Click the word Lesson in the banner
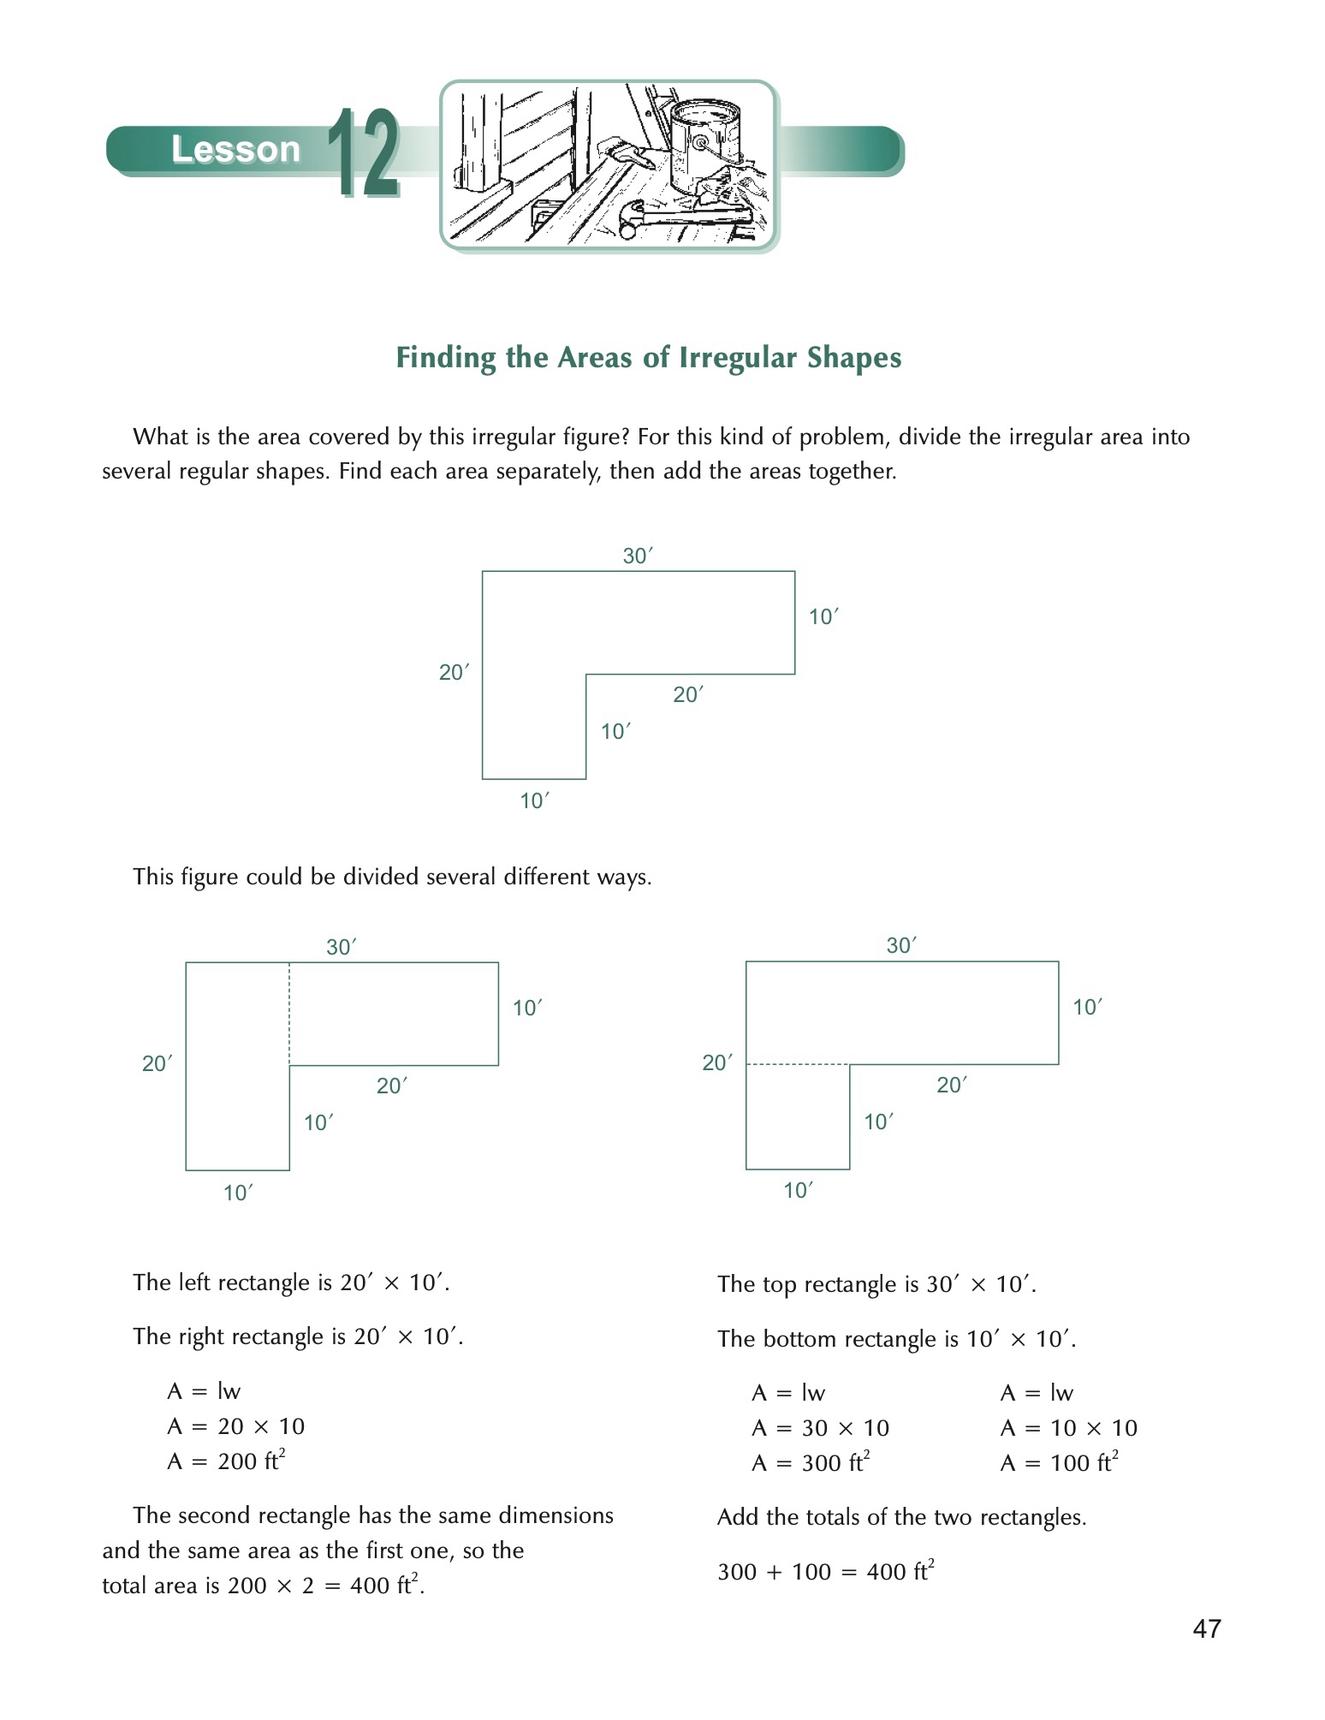235,150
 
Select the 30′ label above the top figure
637,556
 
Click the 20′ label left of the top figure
454,672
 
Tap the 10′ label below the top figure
534,800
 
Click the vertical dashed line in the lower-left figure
289,1015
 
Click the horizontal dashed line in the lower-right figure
798,1064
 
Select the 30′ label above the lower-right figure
900,945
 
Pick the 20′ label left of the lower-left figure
157,1063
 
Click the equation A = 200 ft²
226,1461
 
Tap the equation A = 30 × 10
820,1427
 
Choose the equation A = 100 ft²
1059,1462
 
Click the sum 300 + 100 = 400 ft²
825,1571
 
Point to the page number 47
1207,1628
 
